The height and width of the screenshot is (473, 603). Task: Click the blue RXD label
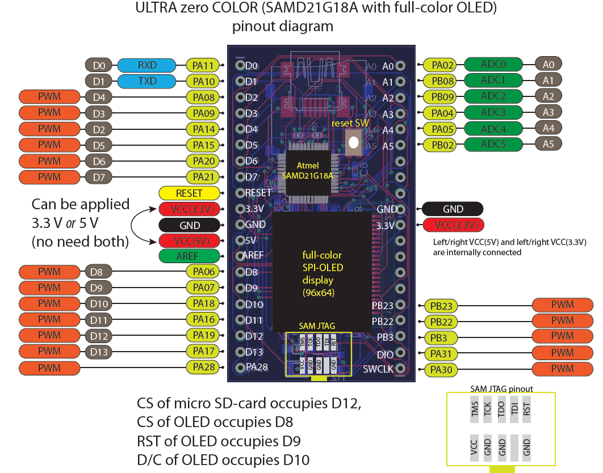click(146, 65)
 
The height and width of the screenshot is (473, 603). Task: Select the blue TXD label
click(146, 81)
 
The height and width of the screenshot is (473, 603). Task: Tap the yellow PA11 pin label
click(203, 65)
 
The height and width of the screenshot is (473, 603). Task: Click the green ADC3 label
click(493, 112)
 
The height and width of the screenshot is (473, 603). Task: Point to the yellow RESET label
click(189, 193)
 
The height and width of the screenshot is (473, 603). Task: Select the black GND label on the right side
click(453, 209)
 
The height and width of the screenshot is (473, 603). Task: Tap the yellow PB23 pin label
click(441, 306)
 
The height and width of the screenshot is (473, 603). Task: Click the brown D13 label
click(99, 352)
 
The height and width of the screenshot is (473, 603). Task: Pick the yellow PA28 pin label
click(203, 368)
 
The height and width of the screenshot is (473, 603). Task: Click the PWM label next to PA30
click(562, 370)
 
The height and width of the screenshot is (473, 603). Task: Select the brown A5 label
click(548, 144)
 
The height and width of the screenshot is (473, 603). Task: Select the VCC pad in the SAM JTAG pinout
click(474, 446)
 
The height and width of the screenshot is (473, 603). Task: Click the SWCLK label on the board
click(378, 370)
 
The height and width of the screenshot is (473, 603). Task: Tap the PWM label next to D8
click(49, 272)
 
